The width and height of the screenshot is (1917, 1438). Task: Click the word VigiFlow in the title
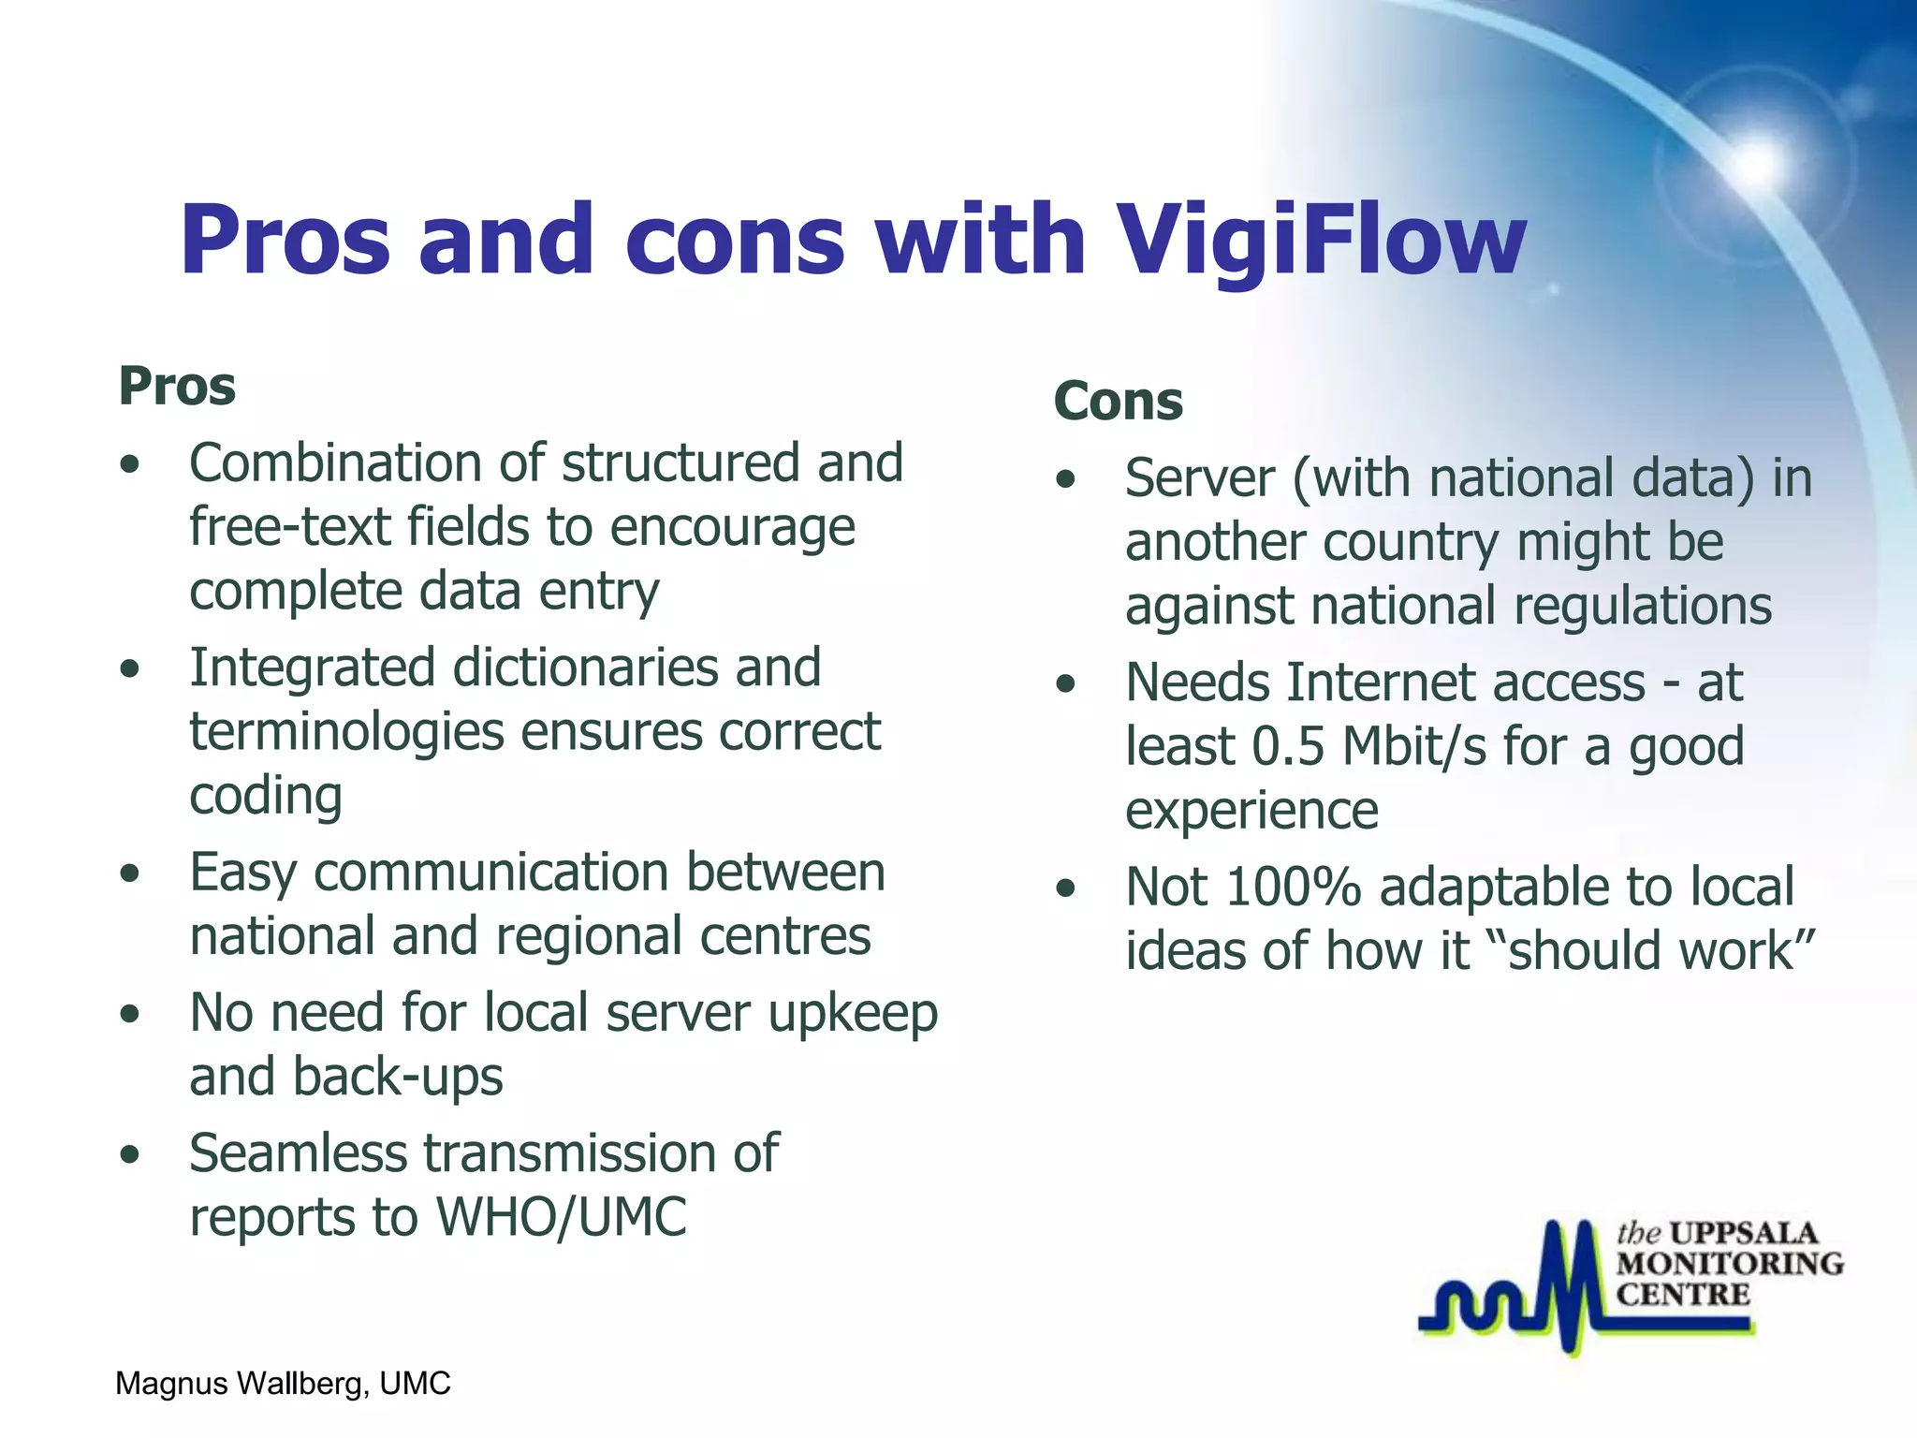point(1322,242)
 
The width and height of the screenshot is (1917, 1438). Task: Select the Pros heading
point(177,387)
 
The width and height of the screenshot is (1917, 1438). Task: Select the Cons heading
point(1118,402)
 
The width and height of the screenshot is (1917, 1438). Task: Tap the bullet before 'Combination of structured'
point(130,464)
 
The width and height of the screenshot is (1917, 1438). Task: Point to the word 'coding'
point(266,796)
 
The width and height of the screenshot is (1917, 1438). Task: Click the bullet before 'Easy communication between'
point(130,873)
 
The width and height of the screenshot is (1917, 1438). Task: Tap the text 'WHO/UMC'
point(561,1217)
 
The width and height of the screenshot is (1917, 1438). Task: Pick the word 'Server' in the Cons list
point(1199,478)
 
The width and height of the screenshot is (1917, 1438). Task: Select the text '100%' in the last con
point(1293,887)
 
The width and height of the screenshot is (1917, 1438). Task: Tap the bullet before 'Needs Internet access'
point(1065,684)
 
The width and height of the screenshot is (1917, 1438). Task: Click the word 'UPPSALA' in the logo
point(1743,1233)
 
